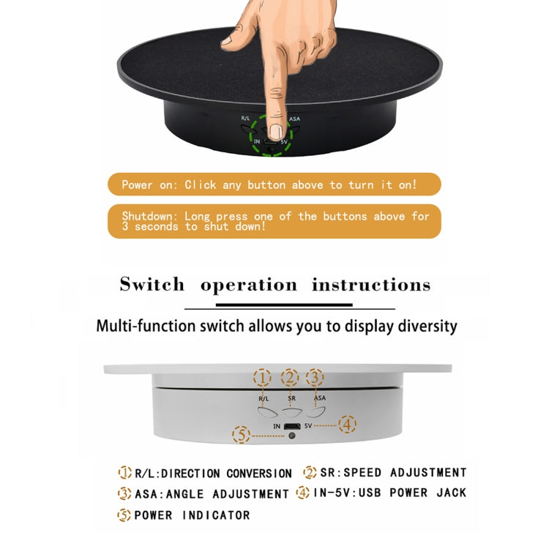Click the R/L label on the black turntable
[x=246, y=118]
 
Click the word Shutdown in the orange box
[x=150, y=217]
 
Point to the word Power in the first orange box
[x=137, y=185]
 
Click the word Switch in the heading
[x=152, y=284]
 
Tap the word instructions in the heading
[x=371, y=284]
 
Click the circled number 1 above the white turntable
[x=262, y=378]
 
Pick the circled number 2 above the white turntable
[x=290, y=378]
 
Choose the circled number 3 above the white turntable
[x=315, y=378]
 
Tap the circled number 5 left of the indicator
[x=241, y=436]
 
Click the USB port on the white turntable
[x=291, y=425]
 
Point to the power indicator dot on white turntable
[x=291, y=436]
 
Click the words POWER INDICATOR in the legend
[x=192, y=515]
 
